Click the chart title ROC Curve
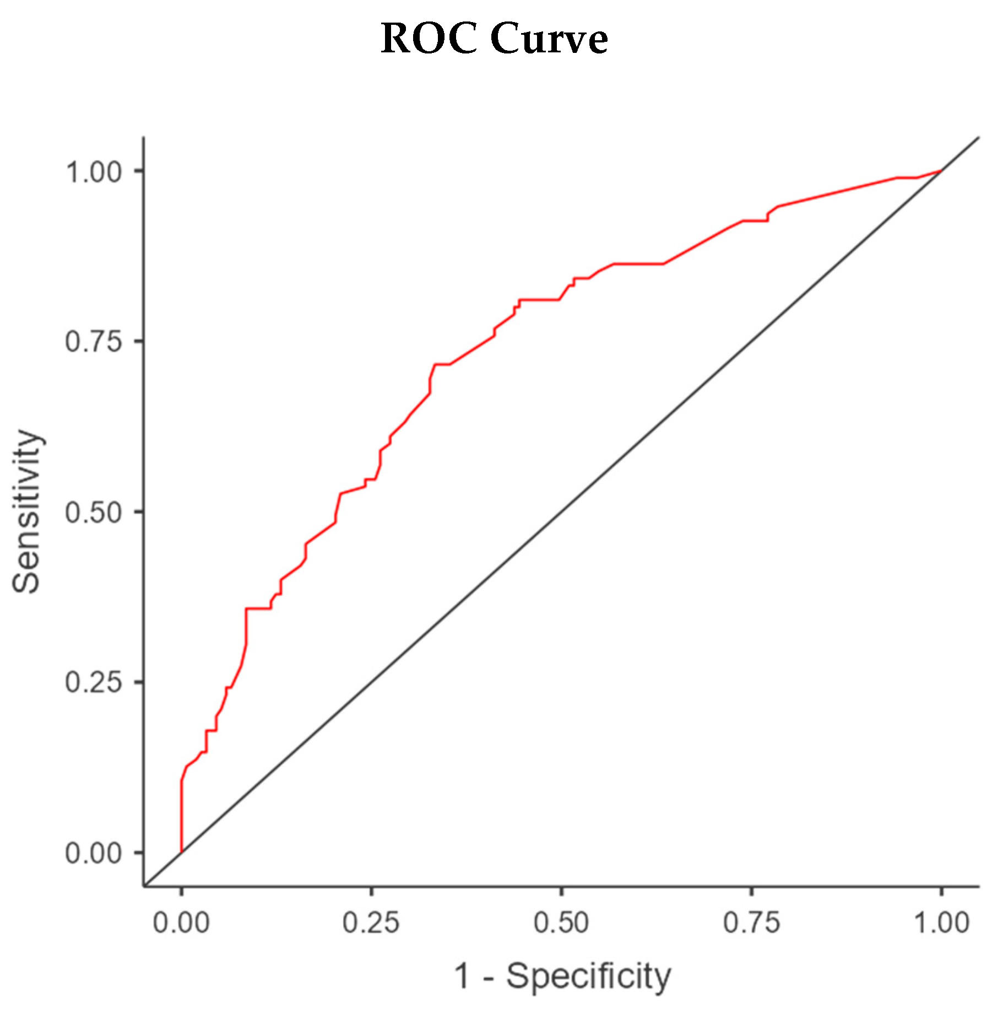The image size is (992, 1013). (x=494, y=39)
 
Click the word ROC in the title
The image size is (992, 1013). (x=429, y=39)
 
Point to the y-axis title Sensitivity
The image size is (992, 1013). (x=27, y=511)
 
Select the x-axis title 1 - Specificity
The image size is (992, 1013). (x=562, y=976)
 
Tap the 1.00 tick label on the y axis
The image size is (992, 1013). (x=94, y=172)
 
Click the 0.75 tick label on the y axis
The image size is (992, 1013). (x=94, y=342)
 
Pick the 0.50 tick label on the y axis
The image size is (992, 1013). (x=94, y=512)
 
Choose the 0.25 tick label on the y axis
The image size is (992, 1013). (x=94, y=682)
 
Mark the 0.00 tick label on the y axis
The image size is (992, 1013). (x=94, y=853)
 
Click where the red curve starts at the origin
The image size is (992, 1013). (x=181, y=852)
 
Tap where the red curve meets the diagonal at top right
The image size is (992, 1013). (x=941, y=171)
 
